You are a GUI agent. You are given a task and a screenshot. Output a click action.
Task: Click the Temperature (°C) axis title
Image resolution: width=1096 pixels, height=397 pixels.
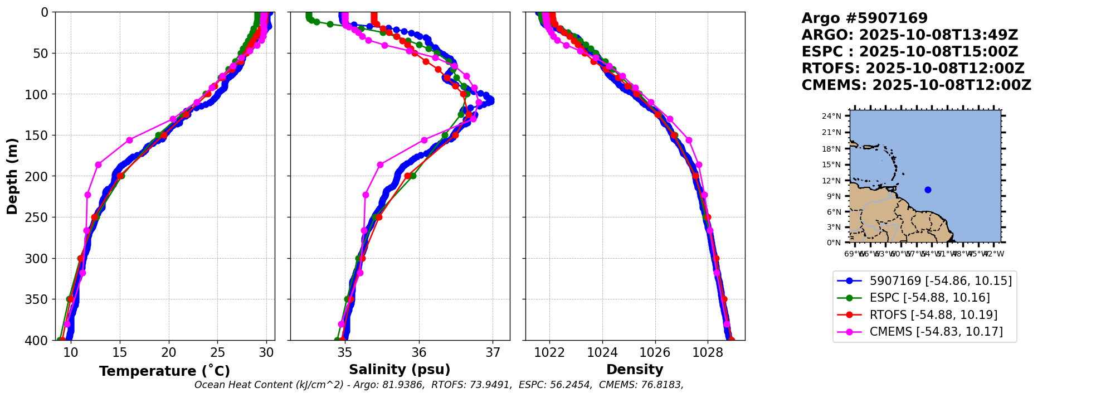[164, 371]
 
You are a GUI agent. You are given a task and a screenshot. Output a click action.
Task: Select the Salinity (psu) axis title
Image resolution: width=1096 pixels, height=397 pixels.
[400, 370]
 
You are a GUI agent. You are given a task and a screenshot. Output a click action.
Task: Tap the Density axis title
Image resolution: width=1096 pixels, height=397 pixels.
[635, 370]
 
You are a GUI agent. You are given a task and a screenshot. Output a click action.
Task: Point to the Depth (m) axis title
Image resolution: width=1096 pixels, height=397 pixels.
[12, 176]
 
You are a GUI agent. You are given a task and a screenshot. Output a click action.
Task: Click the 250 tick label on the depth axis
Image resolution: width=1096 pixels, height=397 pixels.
[39, 217]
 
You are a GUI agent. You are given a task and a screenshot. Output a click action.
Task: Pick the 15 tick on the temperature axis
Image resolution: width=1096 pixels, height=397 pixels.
[120, 352]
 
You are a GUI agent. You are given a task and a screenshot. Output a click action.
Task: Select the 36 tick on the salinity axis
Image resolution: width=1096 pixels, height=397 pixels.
[419, 352]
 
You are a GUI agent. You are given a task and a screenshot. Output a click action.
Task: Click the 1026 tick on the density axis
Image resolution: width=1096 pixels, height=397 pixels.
[655, 352]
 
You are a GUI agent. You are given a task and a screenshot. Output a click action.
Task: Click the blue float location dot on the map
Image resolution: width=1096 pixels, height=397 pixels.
[928, 190]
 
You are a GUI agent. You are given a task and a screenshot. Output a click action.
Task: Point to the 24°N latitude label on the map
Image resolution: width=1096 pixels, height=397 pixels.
[831, 116]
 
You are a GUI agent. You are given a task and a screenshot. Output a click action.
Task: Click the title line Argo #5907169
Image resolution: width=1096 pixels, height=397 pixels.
[864, 18]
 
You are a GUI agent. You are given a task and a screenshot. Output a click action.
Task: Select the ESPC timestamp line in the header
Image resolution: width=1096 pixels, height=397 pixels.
[909, 52]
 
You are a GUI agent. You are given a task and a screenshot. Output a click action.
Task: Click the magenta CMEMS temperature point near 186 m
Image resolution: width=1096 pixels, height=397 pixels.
[98, 164]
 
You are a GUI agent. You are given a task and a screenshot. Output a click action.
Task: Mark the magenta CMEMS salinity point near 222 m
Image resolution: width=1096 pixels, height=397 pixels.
[366, 195]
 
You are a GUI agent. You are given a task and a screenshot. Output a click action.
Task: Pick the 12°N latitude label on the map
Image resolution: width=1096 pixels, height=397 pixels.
[831, 181]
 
